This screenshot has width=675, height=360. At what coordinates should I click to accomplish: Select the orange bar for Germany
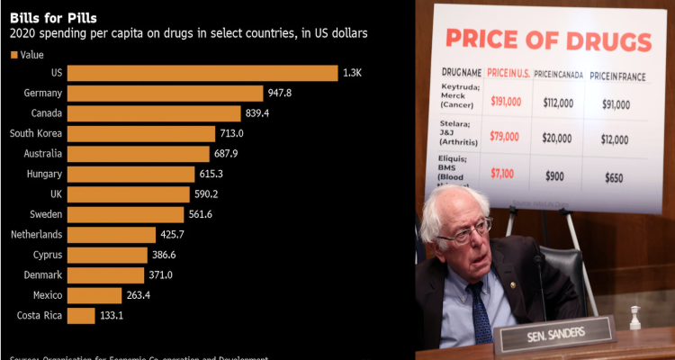[x=165, y=93]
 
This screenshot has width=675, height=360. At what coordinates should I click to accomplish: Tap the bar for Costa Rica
[x=80, y=315]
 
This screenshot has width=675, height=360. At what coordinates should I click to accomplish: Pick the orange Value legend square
[x=13, y=55]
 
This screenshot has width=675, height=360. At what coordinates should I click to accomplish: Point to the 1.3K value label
[x=353, y=72]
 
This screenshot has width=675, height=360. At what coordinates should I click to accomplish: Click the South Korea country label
[x=35, y=133]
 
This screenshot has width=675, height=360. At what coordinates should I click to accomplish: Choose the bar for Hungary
[x=130, y=174]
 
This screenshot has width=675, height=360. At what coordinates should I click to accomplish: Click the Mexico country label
[x=47, y=295]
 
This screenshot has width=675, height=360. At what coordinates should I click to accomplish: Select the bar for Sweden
[x=124, y=214]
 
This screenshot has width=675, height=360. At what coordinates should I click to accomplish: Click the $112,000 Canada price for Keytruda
[x=559, y=103]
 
